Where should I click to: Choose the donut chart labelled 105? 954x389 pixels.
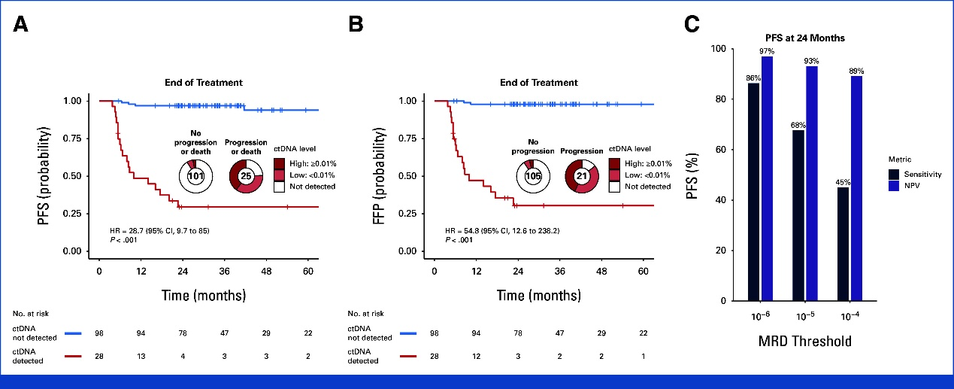[532, 176]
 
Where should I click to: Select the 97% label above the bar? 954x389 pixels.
[768, 51]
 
